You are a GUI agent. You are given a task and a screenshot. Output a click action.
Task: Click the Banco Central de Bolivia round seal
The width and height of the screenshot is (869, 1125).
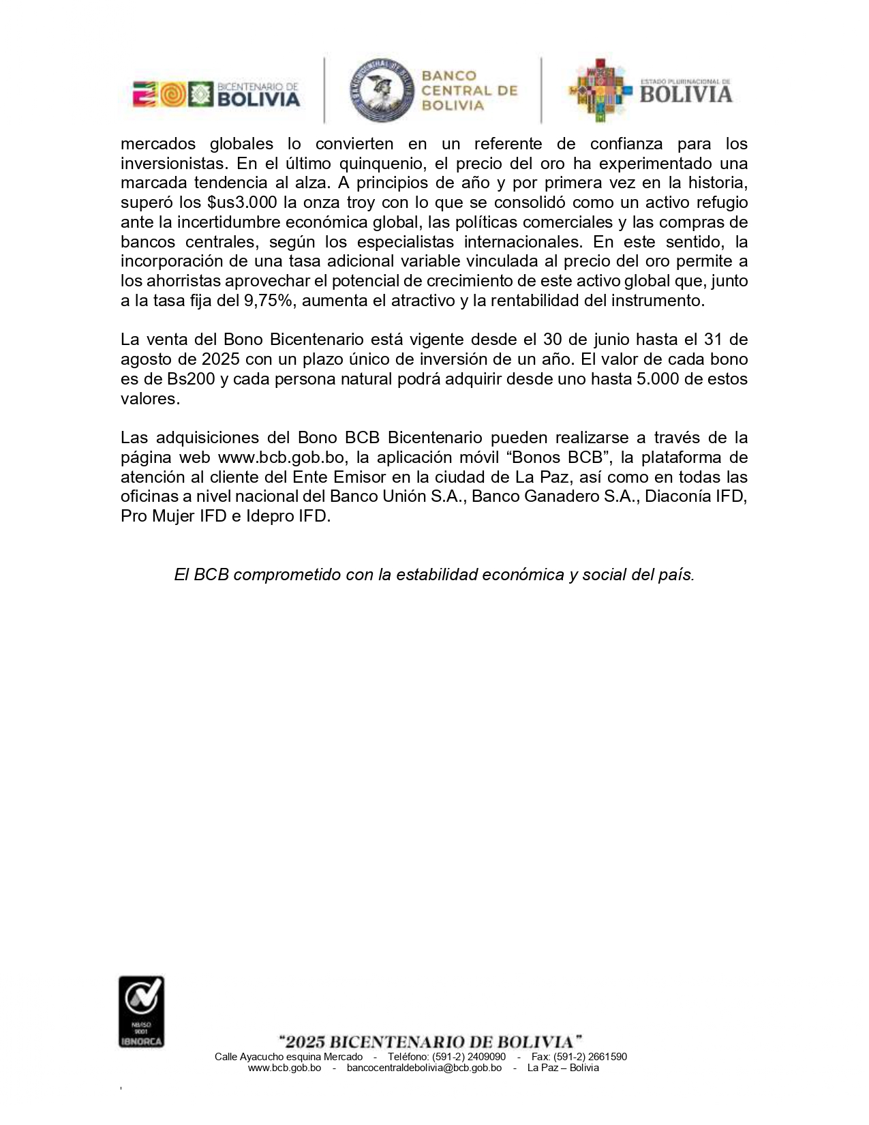click(x=382, y=90)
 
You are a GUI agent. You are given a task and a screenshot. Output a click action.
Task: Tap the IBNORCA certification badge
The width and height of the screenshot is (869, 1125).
click(x=142, y=1011)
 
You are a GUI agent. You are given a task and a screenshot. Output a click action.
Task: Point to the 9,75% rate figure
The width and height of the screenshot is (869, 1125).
click(x=269, y=301)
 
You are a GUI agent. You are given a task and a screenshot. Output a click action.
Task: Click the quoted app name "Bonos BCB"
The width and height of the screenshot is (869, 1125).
click(x=563, y=457)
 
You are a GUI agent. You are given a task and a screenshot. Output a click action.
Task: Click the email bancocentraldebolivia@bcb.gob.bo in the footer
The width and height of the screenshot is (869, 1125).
click(x=424, y=1068)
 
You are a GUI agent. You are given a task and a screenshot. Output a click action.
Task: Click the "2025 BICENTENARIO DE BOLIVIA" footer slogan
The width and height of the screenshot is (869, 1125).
click(x=431, y=1042)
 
